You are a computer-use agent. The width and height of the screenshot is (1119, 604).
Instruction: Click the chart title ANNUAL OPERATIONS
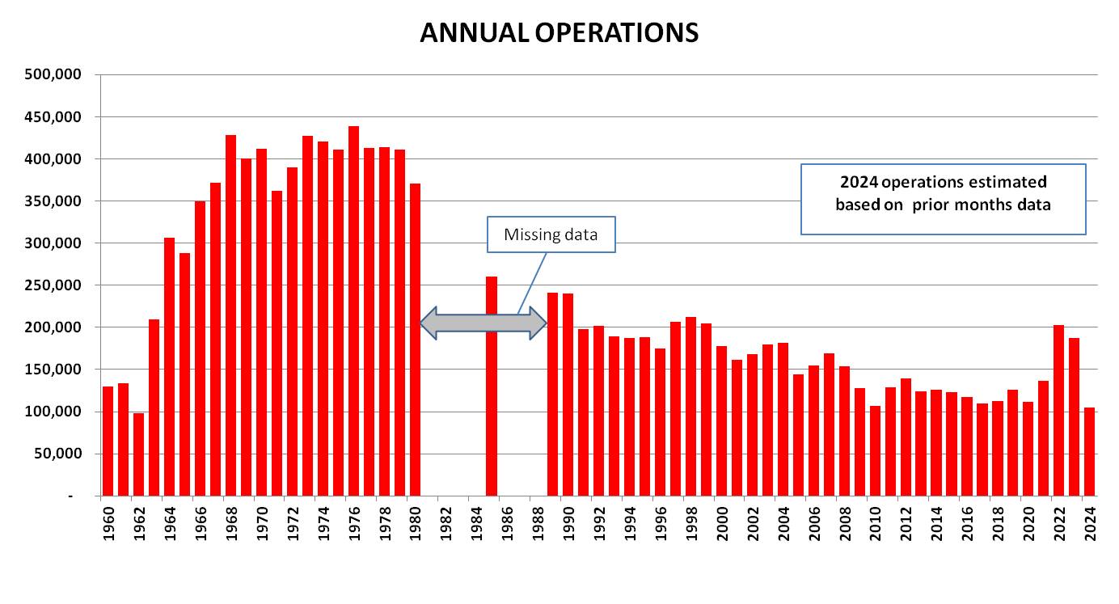559,32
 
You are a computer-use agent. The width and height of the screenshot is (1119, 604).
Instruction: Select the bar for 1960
108,441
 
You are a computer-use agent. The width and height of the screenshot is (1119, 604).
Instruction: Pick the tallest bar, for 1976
353,311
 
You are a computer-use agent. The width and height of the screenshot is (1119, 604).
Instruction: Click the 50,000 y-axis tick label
61,454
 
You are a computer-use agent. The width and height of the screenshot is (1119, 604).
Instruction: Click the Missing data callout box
551,234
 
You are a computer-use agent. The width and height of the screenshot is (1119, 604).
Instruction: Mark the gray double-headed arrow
483,323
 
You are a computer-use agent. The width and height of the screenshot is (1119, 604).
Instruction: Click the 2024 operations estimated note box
943,199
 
